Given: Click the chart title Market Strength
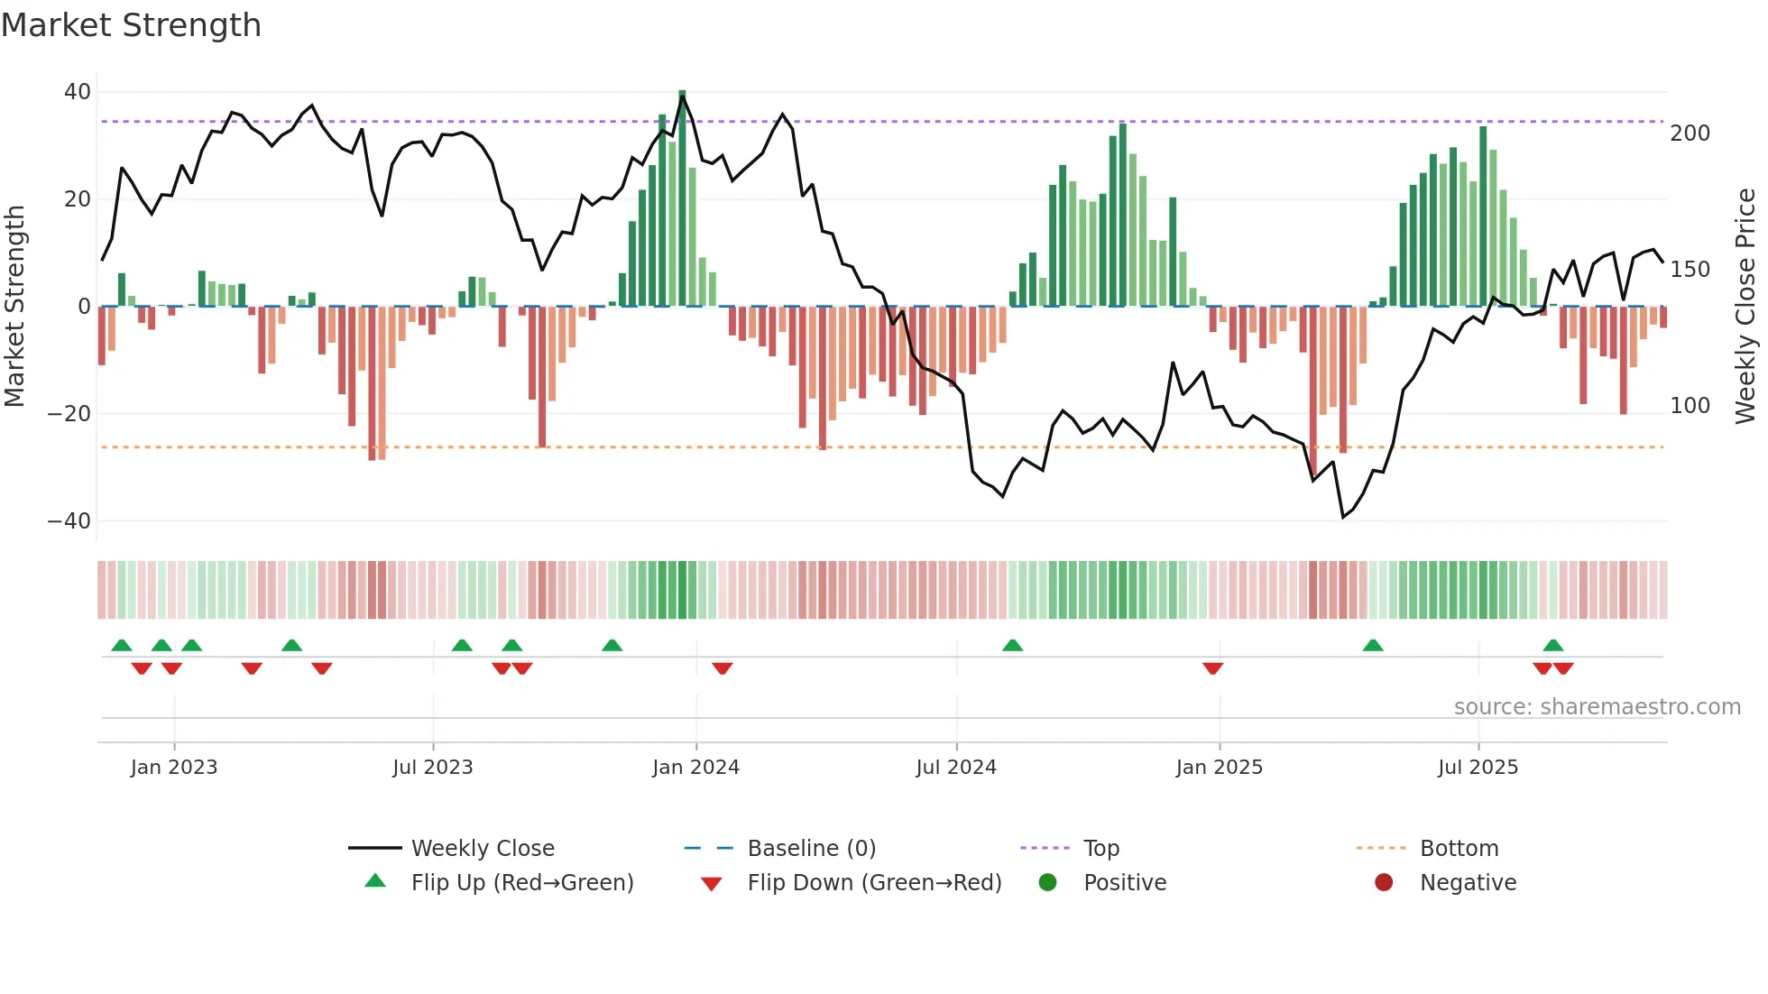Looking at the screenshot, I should point(131,25).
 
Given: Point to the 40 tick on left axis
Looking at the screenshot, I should point(77,92).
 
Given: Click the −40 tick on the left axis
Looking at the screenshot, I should point(69,521).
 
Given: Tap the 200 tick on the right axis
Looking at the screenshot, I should point(1690,133).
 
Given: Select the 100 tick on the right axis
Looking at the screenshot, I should point(1690,406).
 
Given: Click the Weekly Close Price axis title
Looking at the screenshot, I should point(1745,307).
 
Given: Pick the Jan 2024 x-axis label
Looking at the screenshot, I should point(695,768).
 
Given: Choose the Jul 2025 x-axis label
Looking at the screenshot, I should point(1478,768).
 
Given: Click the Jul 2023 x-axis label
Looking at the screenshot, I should point(432,768).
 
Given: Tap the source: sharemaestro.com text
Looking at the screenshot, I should point(1597,707).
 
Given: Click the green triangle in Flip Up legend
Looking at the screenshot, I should point(375,881).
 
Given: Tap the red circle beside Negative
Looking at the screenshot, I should point(1384,882).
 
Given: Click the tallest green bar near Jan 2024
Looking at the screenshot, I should point(682,198).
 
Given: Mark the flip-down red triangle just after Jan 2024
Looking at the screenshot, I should point(722,668).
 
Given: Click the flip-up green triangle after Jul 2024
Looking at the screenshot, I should point(1012,645).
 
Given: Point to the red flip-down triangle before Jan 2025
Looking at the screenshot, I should point(1212,668).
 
